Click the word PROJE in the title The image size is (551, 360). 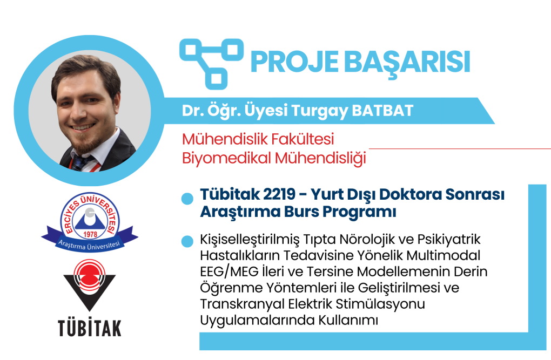294,62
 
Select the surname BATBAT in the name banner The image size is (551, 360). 382,111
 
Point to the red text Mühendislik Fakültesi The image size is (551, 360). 258,139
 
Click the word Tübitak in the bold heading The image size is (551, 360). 230,194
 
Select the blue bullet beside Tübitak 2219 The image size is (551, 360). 187,199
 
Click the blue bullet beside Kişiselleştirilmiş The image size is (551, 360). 187,241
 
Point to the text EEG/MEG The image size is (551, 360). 229,272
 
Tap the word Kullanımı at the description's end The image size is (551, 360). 348,320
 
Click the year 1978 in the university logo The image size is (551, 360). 90,234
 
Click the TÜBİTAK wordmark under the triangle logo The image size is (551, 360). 90,328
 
